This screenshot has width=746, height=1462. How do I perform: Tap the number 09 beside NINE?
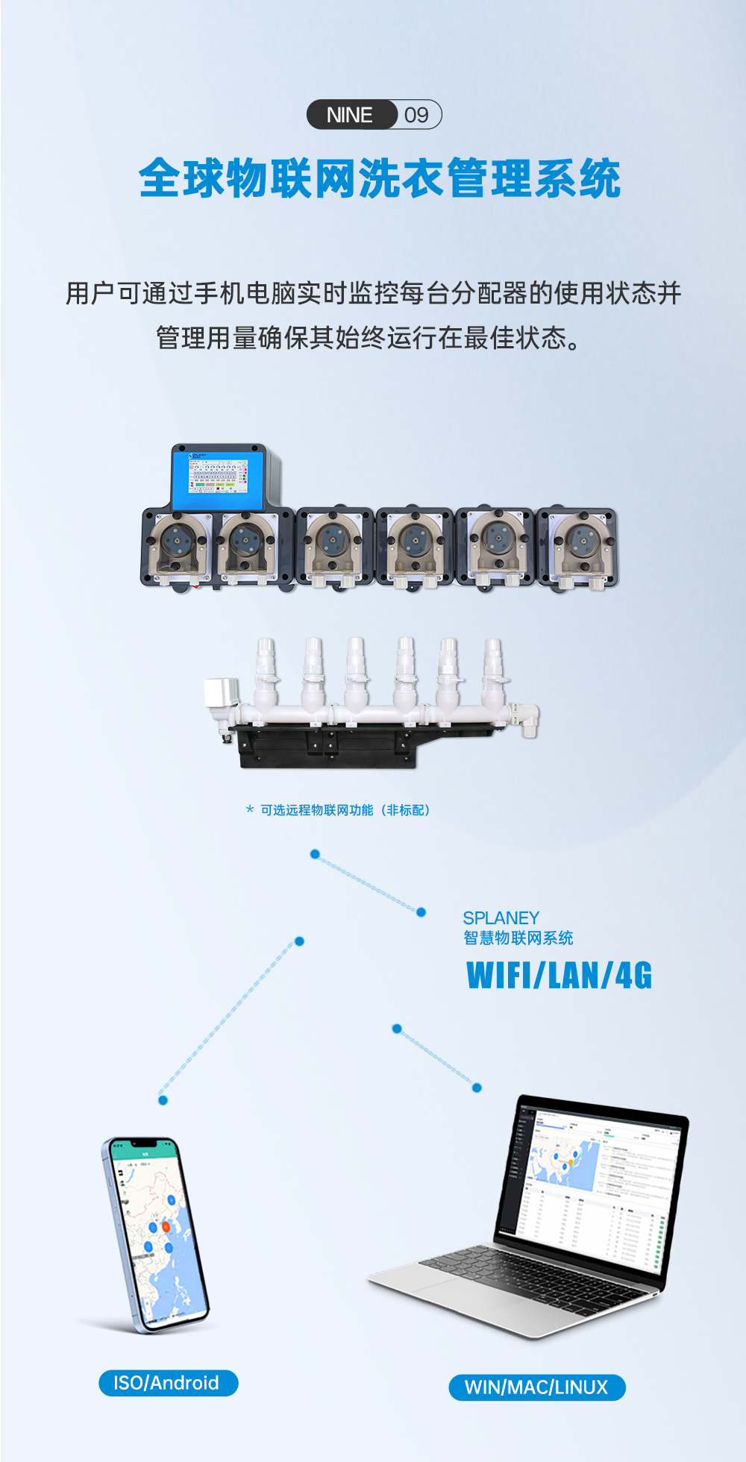click(417, 115)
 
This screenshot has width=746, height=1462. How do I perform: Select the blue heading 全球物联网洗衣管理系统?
click(380, 179)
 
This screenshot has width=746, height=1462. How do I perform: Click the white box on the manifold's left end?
click(221, 694)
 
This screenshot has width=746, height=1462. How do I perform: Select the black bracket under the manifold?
click(328, 747)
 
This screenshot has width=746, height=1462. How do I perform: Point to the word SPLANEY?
click(501, 917)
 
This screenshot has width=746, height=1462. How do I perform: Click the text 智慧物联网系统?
click(518, 938)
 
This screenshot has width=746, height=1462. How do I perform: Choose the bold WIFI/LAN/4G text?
click(559, 976)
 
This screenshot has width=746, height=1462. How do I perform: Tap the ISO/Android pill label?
click(168, 1383)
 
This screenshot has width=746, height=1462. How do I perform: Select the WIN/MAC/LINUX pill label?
click(536, 1387)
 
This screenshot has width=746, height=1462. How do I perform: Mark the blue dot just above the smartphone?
click(163, 1100)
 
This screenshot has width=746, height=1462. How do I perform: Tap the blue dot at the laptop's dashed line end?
click(477, 1088)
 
